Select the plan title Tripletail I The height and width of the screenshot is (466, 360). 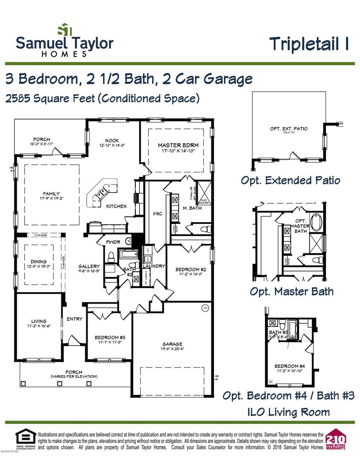pos(309,44)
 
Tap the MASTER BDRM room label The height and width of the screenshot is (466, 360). pos(178,145)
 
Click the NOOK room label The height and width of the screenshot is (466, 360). pos(112,140)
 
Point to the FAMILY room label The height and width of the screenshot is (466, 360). pos(52,194)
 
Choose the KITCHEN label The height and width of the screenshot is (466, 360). pos(117,206)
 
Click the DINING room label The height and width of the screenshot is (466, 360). pos(38,261)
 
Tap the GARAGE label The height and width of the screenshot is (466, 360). pos(172,344)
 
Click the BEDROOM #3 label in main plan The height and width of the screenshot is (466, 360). pos(109,337)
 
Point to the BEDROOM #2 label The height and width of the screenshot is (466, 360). pos(190,269)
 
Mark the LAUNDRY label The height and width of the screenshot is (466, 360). pos(154,266)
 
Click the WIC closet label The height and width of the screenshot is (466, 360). pos(157,214)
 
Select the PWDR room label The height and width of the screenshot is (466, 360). pos(113,242)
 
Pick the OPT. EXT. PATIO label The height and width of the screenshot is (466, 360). pos(288,129)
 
